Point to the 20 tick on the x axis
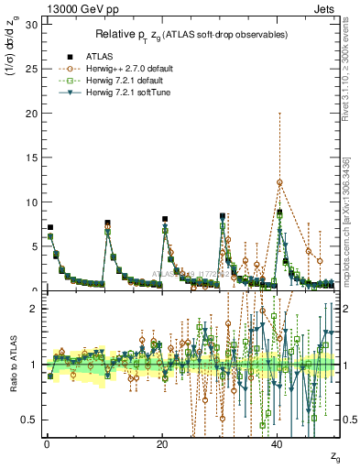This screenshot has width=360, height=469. point(162,443)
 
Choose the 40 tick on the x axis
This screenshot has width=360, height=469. point(278,443)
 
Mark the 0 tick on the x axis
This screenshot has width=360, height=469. point(47,443)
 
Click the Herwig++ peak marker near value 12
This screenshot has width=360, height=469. point(279,182)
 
